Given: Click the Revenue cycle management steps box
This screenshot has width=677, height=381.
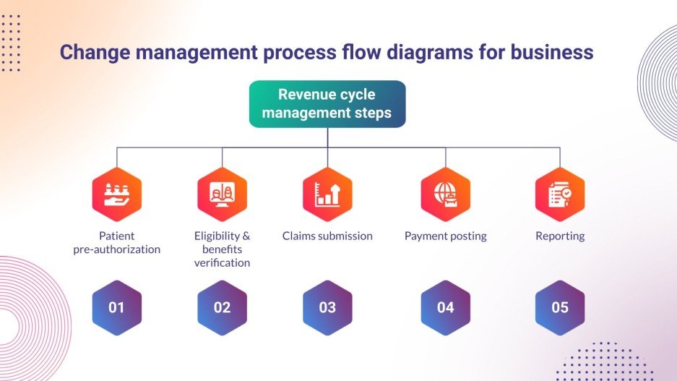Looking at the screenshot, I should tap(327, 103).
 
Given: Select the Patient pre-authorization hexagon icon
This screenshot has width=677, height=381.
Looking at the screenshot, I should tap(117, 194).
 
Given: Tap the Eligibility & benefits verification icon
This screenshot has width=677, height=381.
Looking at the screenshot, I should tap(222, 194).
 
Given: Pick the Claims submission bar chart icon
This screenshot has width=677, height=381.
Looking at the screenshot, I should tap(327, 194).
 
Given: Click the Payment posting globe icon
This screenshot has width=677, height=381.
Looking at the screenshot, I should tap(445, 194).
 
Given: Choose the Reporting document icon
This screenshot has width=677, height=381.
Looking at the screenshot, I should tap(560, 194).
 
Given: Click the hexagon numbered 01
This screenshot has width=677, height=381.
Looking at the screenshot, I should tap(117, 307).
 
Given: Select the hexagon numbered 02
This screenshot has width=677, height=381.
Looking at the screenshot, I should tap(222, 307).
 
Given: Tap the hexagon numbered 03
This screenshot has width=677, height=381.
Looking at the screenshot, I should tap(327, 307).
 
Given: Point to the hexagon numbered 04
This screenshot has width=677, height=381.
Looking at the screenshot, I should tap(445, 307).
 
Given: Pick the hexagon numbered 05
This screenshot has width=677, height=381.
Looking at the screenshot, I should tap(560, 307).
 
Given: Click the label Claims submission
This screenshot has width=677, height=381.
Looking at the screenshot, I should tap(327, 236).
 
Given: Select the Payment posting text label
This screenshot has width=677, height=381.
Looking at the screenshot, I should tap(445, 236).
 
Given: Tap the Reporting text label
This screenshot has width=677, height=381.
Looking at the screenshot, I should tap(560, 236).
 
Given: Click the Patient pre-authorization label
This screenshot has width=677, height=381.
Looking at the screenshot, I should tap(117, 243).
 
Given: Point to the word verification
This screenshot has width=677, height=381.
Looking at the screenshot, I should tap(222, 262).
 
